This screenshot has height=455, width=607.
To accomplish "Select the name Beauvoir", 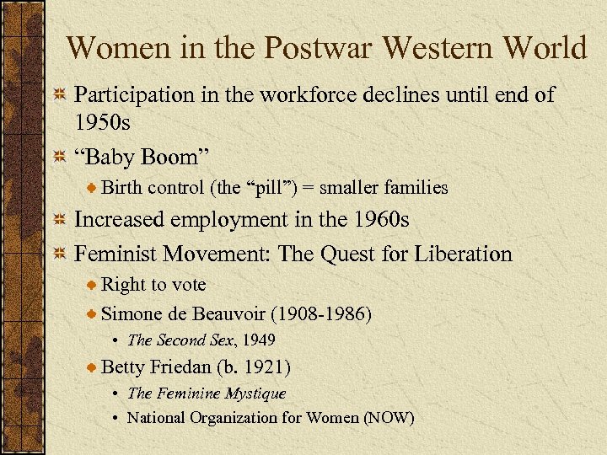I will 228,313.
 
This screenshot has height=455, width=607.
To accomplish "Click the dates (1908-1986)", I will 320,313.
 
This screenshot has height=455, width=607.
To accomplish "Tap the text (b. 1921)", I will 254,367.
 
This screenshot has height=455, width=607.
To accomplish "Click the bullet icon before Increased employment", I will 60,221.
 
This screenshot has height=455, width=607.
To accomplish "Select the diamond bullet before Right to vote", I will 92,286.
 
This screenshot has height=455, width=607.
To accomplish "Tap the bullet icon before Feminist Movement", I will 60,254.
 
